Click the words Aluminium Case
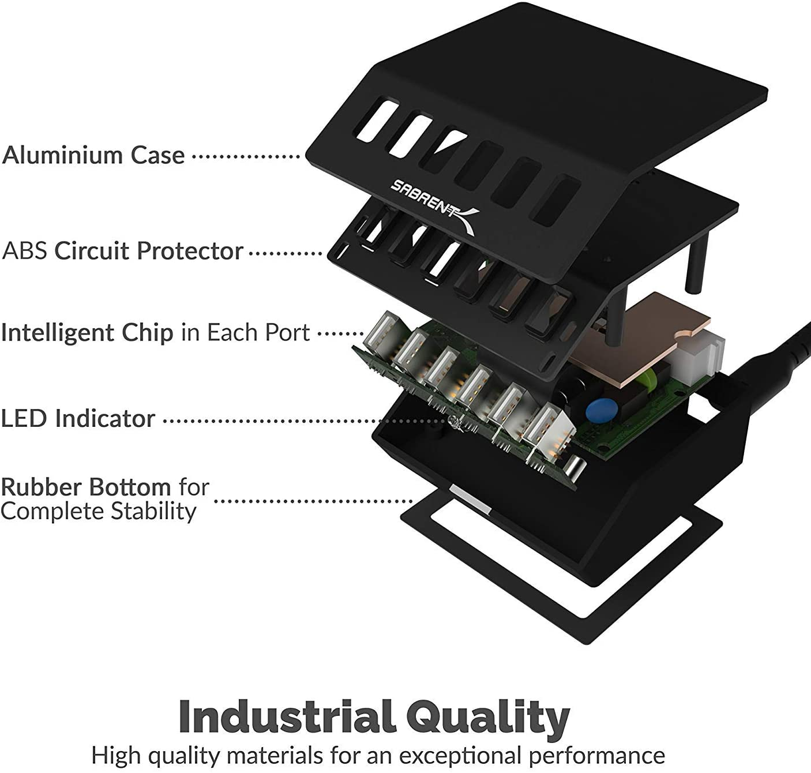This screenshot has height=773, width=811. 93,155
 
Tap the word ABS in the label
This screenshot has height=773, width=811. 25,251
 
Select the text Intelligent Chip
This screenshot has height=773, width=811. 87,333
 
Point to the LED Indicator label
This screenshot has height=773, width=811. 78,418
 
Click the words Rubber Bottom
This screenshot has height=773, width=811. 86,487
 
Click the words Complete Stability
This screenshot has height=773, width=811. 99,512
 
